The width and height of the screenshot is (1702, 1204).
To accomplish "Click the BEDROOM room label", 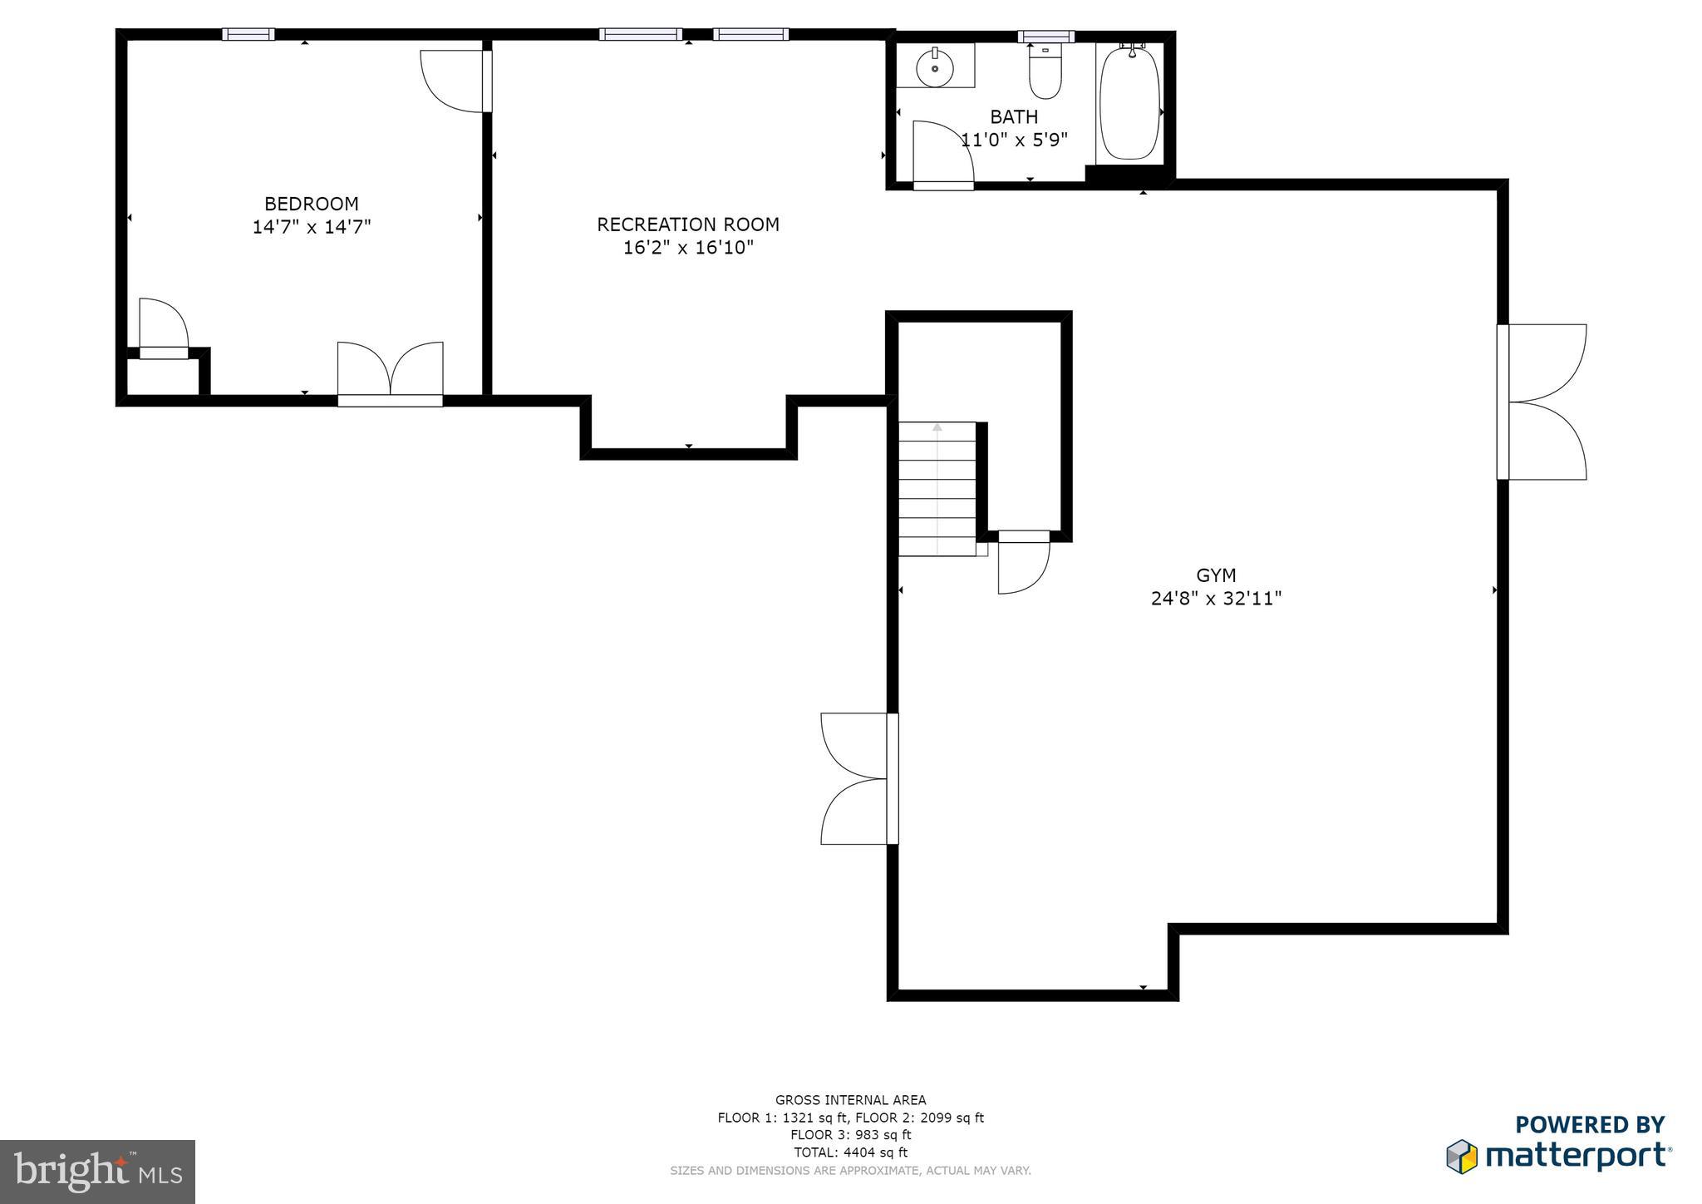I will [311, 204].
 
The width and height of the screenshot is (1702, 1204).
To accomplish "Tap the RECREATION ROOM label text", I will [688, 225].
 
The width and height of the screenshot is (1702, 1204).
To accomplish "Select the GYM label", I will [1216, 575].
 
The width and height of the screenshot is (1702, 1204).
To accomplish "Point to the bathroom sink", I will [935, 67].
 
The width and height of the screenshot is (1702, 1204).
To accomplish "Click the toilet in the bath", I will [1045, 74].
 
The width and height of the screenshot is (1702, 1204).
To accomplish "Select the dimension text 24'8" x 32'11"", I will [1216, 599].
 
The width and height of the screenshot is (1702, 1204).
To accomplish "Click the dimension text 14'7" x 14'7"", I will [311, 227].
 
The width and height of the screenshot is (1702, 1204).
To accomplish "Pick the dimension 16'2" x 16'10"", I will [688, 248].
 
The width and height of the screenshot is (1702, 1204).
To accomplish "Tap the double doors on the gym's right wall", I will [1544, 402].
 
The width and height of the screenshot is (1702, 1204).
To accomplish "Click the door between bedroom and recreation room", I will [456, 81].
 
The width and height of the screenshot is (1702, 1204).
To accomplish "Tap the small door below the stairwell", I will [1022, 565].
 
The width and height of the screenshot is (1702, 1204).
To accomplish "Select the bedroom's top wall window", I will [248, 34].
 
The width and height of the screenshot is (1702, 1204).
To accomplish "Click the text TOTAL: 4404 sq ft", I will [850, 1152].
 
